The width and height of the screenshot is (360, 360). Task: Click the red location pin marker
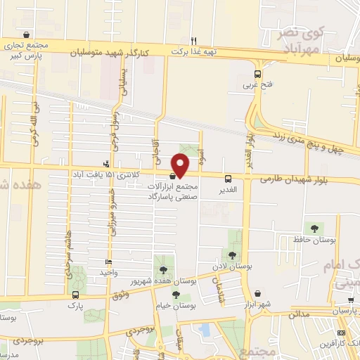tap(181, 163)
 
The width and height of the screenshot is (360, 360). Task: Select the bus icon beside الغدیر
tap(228, 179)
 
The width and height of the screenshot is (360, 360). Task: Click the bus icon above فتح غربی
tap(258, 73)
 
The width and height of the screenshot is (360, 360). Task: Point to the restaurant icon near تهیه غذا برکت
tap(194, 41)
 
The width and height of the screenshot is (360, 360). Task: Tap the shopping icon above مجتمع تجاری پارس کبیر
tap(27, 34)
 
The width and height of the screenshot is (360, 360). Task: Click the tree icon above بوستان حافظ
tap(313, 228)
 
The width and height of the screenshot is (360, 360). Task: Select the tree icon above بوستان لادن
tap(233, 255)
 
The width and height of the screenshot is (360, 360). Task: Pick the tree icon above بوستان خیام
tap(175, 295)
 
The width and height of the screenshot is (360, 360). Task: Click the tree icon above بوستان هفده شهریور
tap(163, 269)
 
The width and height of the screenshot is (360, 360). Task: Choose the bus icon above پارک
tap(75, 295)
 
